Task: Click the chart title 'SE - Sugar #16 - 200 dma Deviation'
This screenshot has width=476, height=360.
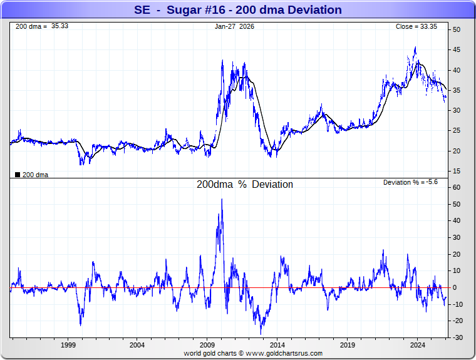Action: tap(238, 10)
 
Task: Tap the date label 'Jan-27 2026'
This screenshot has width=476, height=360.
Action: tap(235, 27)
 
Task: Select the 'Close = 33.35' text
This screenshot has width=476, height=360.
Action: tap(416, 27)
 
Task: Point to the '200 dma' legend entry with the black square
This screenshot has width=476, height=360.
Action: tap(31, 175)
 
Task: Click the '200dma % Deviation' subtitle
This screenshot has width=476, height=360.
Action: tap(245, 185)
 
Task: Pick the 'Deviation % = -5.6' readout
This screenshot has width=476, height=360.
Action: tap(410, 182)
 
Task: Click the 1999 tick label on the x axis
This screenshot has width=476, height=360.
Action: tap(68, 345)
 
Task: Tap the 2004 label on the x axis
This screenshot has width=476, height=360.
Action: tap(138, 345)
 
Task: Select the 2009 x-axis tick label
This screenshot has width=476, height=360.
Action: tap(208, 345)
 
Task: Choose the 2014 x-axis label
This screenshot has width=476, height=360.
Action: tap(277, 345)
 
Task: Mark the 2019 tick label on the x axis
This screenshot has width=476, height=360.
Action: tap(348, 345)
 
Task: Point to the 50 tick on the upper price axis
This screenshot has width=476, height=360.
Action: tap(457, 30)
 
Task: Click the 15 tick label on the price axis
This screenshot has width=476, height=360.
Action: tap(457, 171)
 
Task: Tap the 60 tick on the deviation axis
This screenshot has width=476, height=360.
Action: tap(457, 187)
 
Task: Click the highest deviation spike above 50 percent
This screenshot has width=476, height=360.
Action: tap(222, 200)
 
